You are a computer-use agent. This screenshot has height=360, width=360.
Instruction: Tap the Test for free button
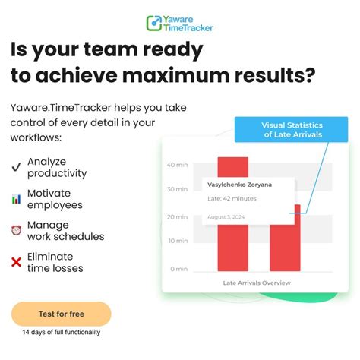click(61, 314)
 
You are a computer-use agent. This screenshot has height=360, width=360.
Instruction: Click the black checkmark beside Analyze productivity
click(16, 167)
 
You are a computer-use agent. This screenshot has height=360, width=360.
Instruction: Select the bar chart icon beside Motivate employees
click(16, 199)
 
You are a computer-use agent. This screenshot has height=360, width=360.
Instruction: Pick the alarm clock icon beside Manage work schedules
click(16, 231)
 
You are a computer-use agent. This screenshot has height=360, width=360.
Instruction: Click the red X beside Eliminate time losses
click(16, 262)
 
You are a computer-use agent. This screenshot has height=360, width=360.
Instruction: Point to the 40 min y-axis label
click(177, 165)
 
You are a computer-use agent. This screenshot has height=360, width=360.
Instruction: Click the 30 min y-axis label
click(177, 190)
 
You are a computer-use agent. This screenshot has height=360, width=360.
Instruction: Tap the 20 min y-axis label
click(177, 216)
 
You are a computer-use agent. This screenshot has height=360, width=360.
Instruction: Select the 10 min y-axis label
click(177, 242)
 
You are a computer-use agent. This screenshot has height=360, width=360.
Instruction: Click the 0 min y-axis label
click(178, 269)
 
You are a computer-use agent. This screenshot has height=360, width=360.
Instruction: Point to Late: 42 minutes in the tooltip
click(232, 200)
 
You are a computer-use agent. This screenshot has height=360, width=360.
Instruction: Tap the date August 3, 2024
click(226, 217)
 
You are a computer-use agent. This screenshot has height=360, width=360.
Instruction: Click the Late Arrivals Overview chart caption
click(256, 283)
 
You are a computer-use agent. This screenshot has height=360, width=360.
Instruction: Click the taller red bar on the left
click(232, 243)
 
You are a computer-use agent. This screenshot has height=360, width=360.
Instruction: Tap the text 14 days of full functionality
click(61, 333)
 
